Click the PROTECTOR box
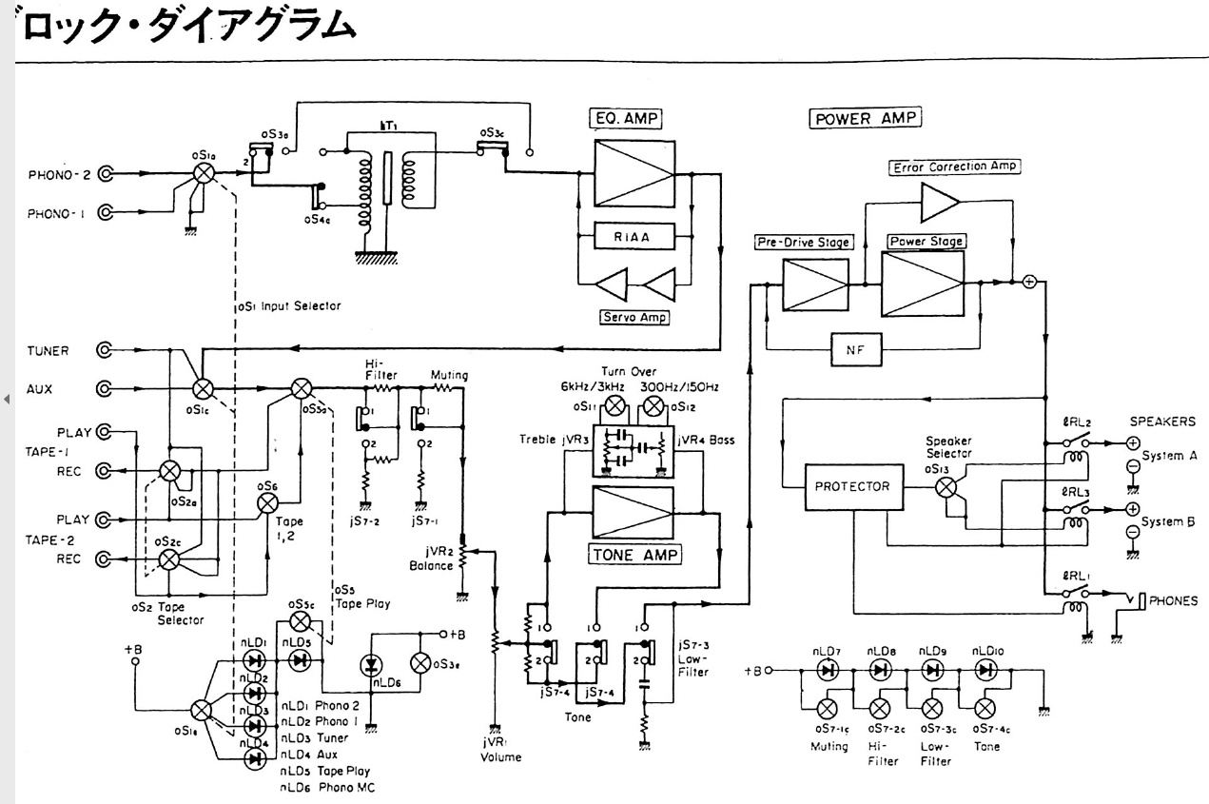852,486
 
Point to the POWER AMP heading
866,120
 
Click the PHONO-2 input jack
107,174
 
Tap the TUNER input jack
107,351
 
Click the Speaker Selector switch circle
946,486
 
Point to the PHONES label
1173,600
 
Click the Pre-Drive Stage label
804,242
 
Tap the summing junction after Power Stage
1028,283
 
